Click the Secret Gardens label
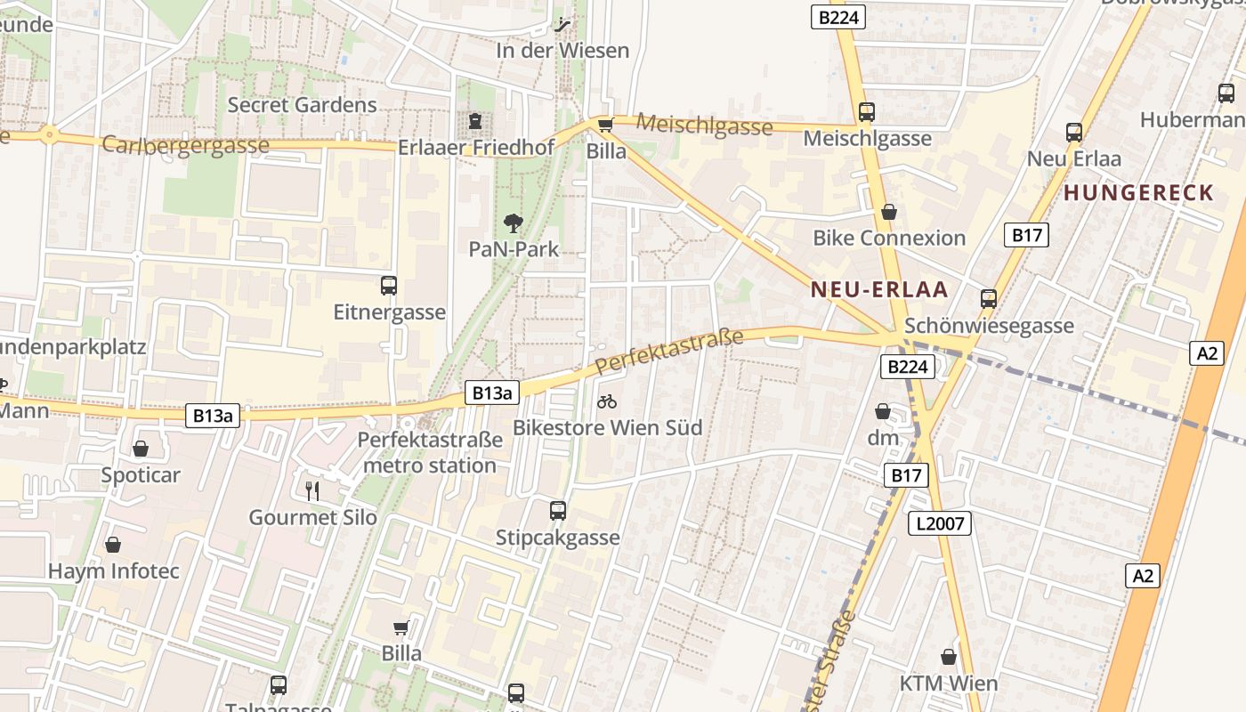pyautogui.click(x=303, y=105)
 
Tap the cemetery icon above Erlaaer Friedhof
pyautogui.click(x=475, y=121)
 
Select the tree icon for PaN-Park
pyautogui.click(x=514, y=222)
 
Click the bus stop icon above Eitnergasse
pyautogui.click(x=389, y=286)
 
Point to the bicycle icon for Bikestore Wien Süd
pyautogui.click(x=607, y=401)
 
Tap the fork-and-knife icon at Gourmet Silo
pyautogui.click(x=312, y=490)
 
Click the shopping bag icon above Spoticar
pyautogui.click(x=141, y=449)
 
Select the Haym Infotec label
pyautogui.click(x=114, y=571)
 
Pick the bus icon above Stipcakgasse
pyautogui.click(x=558, y=511)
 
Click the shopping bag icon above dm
pyautogui.click(x=883, y=411)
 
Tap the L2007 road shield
pyautogui.click(x=940, y=523)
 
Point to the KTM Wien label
pyautogui.click(x=949, y=684)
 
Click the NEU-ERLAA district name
pyautogui.click(x=879, y=290)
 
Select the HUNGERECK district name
pyautogui.click(x=1139, y=192)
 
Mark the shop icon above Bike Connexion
pyautogui.click(x=888, y=212)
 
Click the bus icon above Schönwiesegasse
pyautogui.click(x=989, y=299)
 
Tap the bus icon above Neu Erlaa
pyautogui.click(x=1074, y=133)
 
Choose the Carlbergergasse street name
pyautogui.click(x=186, y=144)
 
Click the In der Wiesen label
pyautogui.click(x=562, y=51)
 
